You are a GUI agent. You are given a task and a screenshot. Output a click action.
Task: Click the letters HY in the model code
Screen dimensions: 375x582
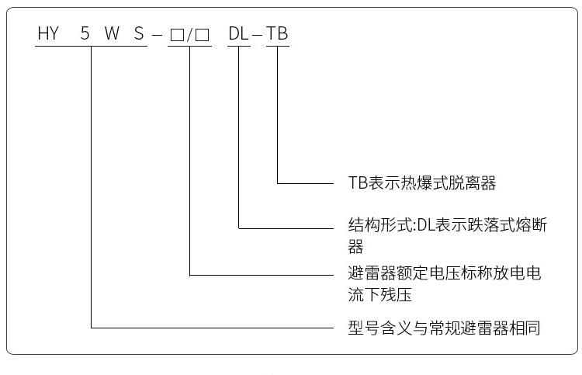48,34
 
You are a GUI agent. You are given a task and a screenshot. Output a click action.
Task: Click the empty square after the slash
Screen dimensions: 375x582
203,35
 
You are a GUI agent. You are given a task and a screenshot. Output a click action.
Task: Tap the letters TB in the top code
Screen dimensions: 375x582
278,34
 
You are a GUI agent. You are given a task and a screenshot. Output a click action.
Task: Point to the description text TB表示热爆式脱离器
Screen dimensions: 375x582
421,183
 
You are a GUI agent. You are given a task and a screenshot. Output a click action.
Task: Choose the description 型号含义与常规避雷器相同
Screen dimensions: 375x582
443,328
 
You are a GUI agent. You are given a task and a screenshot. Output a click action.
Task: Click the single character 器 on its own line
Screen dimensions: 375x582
355,248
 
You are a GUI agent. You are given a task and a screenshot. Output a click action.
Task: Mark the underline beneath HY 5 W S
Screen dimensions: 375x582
92,47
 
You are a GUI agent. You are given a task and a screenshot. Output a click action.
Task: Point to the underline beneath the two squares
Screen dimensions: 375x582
189,47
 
